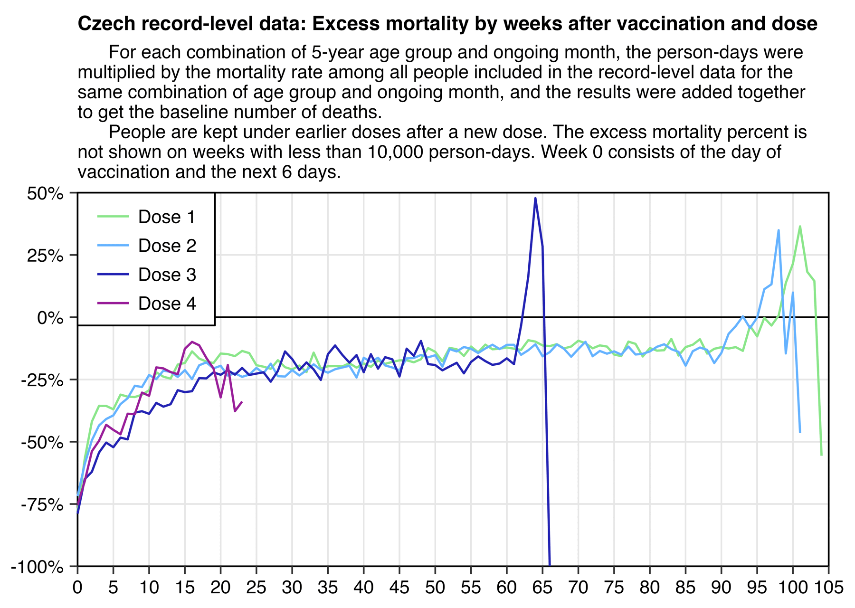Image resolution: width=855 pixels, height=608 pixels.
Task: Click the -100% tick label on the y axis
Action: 37,567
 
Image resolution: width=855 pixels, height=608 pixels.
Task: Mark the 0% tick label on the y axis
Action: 50,318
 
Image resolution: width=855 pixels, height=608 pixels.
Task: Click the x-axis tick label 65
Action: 542,588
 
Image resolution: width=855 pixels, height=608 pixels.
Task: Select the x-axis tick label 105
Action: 828,588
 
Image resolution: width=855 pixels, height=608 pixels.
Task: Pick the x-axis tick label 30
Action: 292,588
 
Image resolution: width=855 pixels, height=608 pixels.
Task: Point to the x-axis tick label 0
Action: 77,588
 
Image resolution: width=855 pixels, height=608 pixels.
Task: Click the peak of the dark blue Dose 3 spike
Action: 535,198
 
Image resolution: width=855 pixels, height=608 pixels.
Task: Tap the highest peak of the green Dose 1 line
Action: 800,226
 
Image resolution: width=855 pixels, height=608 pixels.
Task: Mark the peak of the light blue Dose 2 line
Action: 779,230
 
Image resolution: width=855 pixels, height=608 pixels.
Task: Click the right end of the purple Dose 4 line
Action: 242,402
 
